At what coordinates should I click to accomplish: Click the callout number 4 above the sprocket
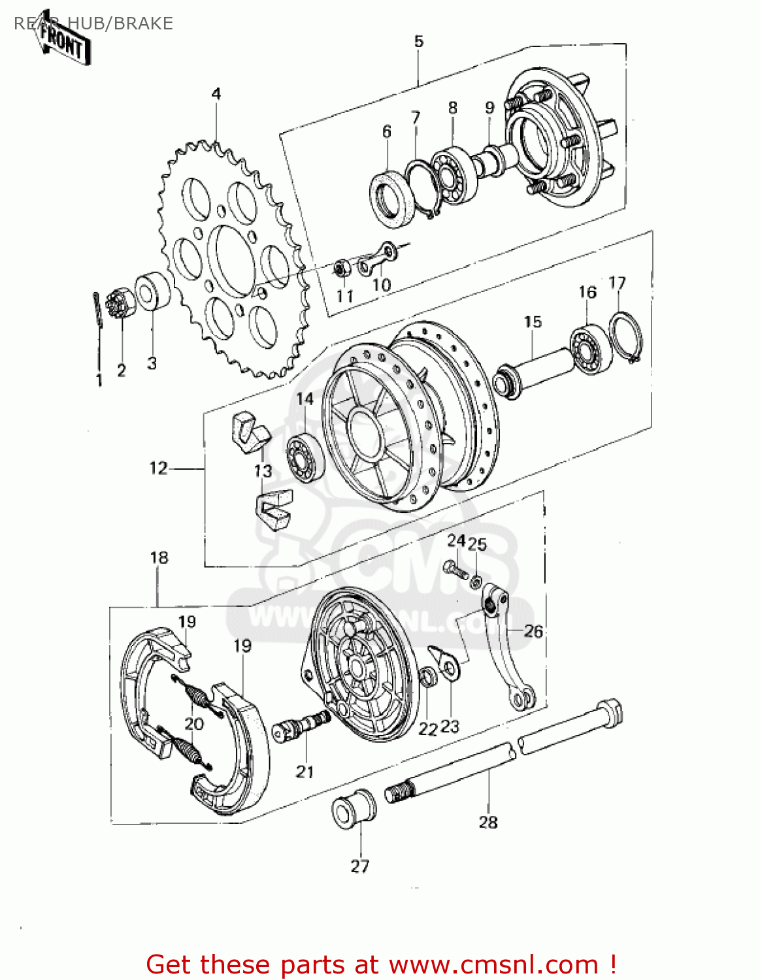[x=216, y=94]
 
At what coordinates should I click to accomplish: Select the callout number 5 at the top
[x=418, y=41]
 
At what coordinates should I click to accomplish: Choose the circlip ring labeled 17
[x=627, y=336]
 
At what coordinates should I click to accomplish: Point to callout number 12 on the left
[x=158, y=468]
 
